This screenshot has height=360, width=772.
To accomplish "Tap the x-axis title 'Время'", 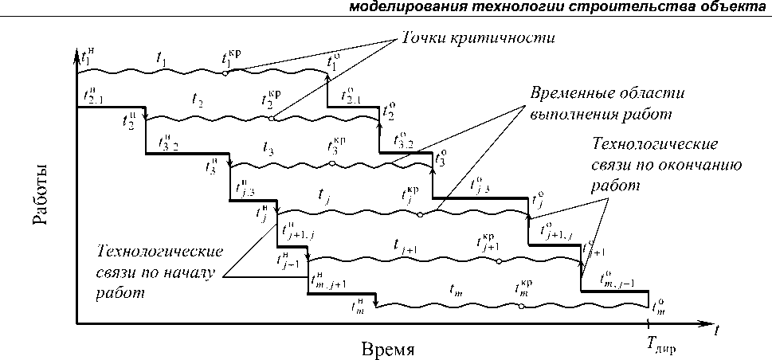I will [388, 349].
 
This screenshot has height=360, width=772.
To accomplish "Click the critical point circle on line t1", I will [225, 73].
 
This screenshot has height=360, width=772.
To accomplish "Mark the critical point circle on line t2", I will [272, 119].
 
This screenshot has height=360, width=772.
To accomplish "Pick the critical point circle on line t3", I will [331, 164].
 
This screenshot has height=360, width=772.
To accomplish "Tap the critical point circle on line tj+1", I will [499, 260].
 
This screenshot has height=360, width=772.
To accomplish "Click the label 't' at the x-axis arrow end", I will [719, 327].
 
